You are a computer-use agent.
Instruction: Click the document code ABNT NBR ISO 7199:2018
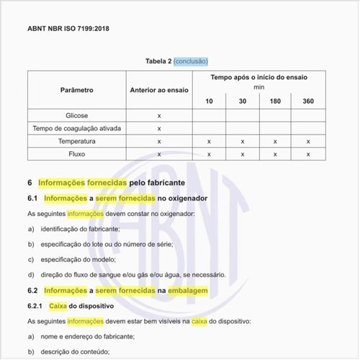68,30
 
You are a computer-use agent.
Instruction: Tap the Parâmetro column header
77,90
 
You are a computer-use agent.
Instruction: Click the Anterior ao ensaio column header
158,90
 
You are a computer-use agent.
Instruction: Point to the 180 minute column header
275,101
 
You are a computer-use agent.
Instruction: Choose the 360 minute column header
308,101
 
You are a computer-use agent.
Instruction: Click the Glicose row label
77,115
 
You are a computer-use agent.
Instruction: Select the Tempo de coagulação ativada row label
77,128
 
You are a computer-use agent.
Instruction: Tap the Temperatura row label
77,141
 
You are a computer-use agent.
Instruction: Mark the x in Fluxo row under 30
243,154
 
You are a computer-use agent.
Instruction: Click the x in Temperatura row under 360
308,141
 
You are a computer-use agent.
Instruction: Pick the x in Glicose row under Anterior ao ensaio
158,115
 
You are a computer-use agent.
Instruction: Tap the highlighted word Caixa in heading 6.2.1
58,305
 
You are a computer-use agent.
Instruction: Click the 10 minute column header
209,101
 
